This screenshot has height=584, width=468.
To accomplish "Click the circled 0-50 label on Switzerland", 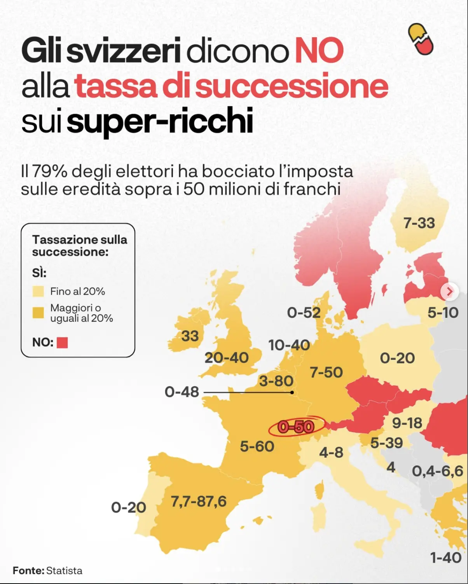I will [296, 427].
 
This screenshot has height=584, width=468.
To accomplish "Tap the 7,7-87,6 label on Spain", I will [199, 502].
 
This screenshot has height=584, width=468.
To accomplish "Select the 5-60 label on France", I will [257, 446].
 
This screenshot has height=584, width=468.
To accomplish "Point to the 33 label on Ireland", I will [190, 336].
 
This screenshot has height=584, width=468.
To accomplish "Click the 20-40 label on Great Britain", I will [227, 358].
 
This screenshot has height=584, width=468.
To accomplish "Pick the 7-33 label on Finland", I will [419, 223].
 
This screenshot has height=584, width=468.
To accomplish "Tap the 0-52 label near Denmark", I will [304, 313].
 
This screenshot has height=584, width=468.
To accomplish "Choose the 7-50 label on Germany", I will [326, 372].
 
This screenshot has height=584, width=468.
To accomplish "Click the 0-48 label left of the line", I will [182, 392].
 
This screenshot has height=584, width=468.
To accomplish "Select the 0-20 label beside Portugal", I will [128, 507].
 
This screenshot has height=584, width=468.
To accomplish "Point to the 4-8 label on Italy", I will [331, 453].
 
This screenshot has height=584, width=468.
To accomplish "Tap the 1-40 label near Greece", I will [445, 558].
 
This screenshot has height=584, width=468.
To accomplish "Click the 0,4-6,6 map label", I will [438, 471].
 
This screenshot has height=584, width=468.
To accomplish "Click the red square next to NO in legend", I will [62, 343].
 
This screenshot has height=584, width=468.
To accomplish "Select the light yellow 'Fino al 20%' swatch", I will [38, 292].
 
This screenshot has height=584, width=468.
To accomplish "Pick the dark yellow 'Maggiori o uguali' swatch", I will [38, 313].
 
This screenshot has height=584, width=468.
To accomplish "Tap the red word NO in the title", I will [319, 51].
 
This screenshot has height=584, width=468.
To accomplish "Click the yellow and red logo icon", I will [421, 39].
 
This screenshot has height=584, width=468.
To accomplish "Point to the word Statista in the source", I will [64, 571].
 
